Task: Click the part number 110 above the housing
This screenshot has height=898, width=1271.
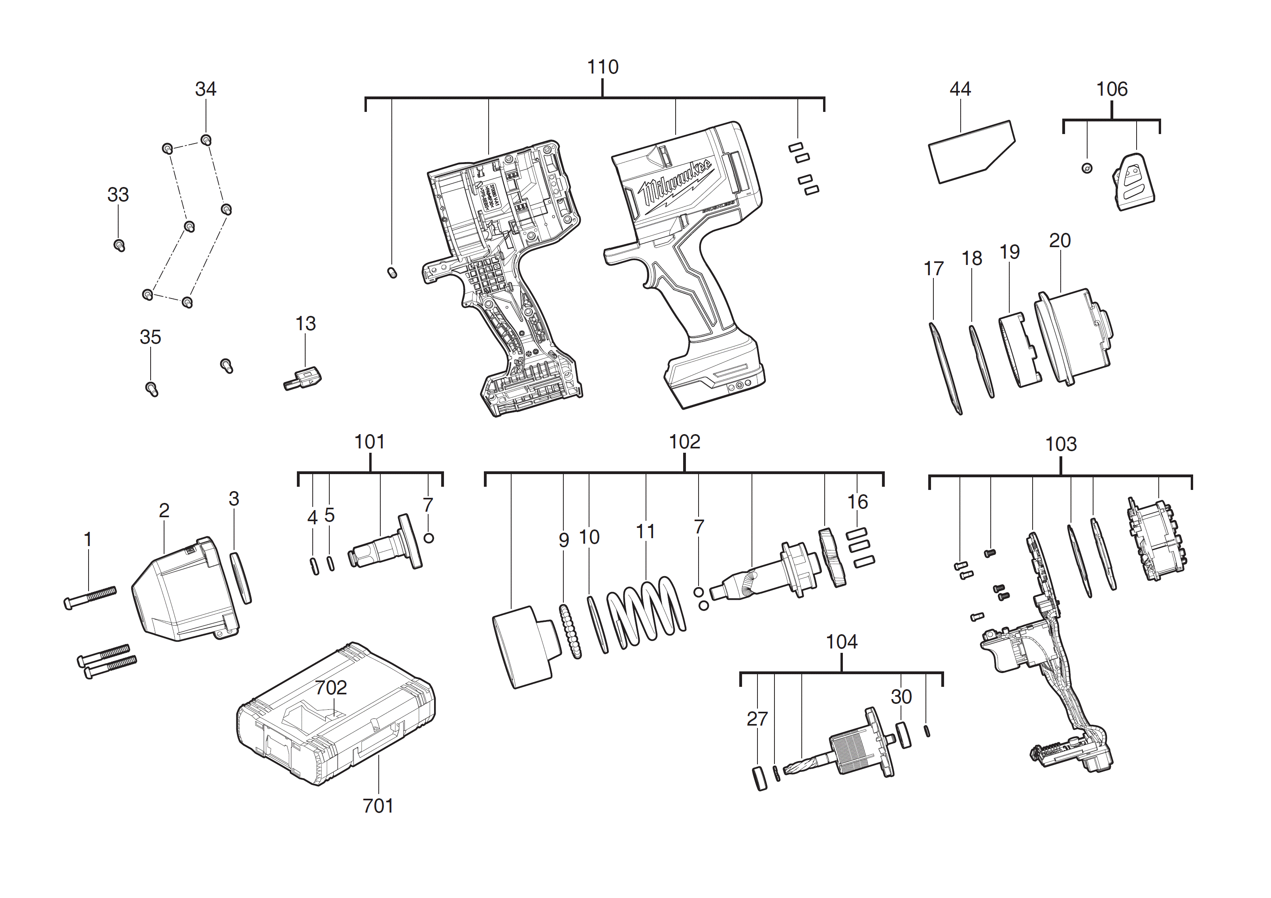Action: (602, 67)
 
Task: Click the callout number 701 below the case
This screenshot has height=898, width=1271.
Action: (378, 805)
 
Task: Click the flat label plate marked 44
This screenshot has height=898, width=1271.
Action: (971, 152)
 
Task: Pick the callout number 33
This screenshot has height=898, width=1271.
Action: (117, 195)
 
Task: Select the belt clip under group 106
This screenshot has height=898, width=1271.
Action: (1133, 182)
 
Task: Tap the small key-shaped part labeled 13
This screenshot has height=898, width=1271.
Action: (303, 380)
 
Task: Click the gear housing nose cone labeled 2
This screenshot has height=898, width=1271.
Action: (185, 592)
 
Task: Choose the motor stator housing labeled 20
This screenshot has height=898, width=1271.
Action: (1074, 338)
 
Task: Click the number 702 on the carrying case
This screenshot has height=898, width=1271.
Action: (331, 688)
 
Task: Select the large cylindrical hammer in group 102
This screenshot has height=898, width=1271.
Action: (523, 648)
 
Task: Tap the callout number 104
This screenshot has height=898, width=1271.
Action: (841, 642)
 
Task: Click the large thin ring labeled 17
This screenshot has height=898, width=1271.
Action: (944, 368)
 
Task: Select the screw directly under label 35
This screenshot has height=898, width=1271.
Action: (152, 389)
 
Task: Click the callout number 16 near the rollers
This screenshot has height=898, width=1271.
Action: (857, 502)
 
